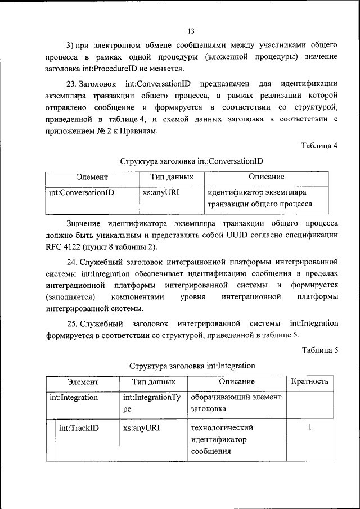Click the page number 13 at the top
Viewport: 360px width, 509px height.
pos(191,31)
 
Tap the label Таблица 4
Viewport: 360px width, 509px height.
pos(319,145)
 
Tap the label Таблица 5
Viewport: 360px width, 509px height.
pos(319,350)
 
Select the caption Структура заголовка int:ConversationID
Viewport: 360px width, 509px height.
pos(191,161)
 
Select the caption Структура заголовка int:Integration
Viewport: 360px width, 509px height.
pos(192,366)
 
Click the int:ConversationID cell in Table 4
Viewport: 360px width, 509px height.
pos(82,192)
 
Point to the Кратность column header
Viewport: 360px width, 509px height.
pos(309,382)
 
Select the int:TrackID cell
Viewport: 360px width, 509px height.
pos(79,428)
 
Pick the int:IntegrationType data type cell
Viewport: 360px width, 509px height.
pos(151,403)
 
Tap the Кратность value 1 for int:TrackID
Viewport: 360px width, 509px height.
pos(309,428)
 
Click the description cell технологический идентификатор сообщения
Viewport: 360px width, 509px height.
pos(221,439)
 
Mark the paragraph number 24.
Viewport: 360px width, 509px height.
pos(71,262)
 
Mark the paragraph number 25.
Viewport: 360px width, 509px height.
pos(71,323)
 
